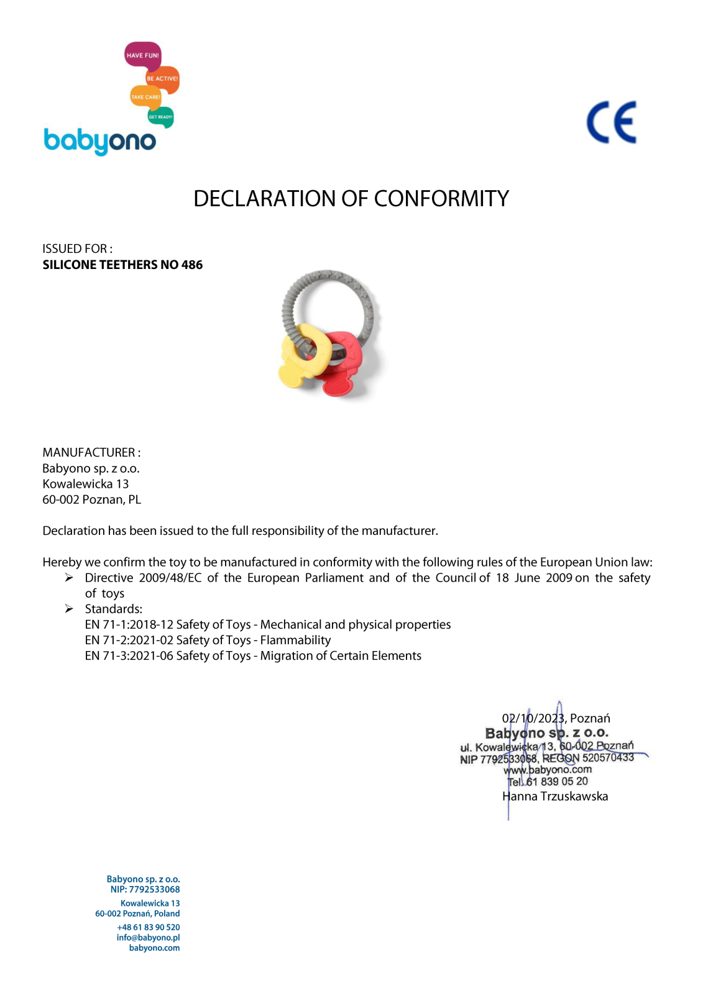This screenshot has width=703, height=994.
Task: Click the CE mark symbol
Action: [x=612, y=122]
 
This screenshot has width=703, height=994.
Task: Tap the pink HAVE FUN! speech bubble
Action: [x=143, y=55]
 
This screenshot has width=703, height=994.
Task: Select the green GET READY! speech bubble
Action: [x=160, y=117]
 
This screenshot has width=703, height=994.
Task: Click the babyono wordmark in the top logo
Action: [x=99, y=142]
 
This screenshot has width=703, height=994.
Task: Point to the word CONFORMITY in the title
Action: [x=441, y=199]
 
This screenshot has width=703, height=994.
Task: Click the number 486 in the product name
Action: [x=192, y=265]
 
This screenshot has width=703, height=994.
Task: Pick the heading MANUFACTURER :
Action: [x=91, y=452]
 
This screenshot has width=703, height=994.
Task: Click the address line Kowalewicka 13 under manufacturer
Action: [x=86, y=484]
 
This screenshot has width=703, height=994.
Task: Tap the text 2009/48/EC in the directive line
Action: [x=170, y=578]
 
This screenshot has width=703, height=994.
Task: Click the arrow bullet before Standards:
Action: [x=69, y=609]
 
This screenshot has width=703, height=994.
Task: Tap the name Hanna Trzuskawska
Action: [x=555, y=796]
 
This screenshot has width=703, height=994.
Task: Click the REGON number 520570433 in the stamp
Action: [x=608, y=757]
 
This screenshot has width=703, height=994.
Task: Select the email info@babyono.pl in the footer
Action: [x=148, y=937]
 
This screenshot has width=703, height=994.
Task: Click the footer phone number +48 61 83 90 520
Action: [x=148, y=927]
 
